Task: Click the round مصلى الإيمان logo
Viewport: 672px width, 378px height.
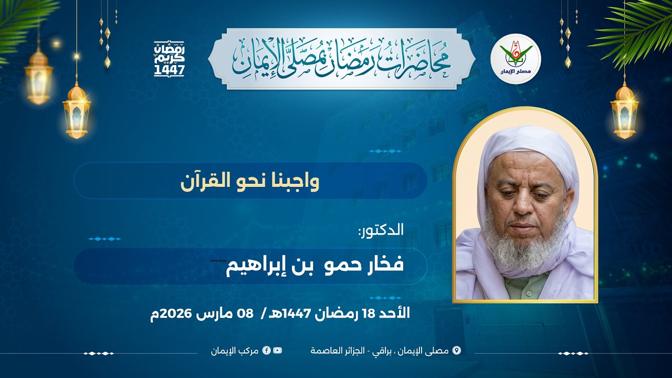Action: coord(516,59)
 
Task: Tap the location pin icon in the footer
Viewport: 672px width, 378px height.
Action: coord(456,350)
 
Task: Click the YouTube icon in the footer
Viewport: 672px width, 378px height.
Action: coord(277,350)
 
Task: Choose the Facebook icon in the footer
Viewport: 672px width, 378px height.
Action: coord(267,350)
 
